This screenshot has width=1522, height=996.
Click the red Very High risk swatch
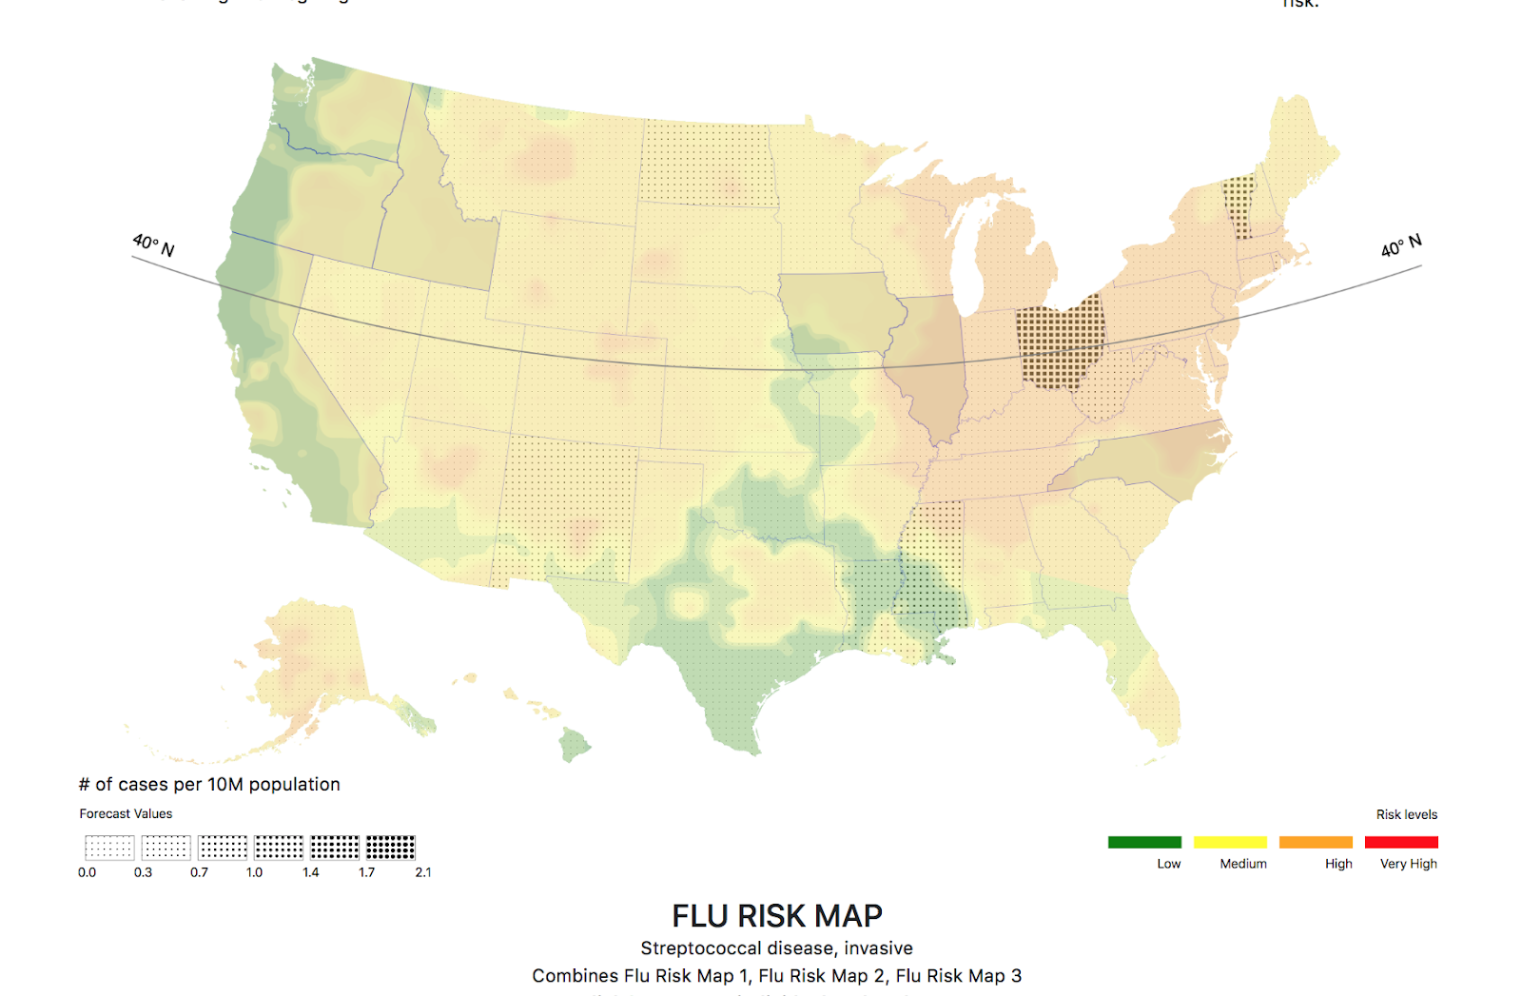(x=1400, y=842)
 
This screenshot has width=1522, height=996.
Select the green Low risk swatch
(x=1144, y=842)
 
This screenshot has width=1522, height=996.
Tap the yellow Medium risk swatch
(x=1229, y=842)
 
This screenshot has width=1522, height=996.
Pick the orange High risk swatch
(x=1315, y=842)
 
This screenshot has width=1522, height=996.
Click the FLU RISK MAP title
(x=776, y=916)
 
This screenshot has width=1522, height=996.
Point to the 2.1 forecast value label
(x=423, y=872)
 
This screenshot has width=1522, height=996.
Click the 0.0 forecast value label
(x=87, y=872)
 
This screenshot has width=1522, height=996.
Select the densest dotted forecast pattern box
(x=390, y=847)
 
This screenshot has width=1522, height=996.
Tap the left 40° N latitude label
(x=153, y=245)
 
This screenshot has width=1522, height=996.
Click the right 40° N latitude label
(x=1401, y=245)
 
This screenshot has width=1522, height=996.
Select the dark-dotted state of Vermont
(x=1238, y=205)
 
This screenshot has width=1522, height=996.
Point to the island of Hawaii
(x=574, y=745)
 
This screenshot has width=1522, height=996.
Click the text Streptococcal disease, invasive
(x=776, y=948)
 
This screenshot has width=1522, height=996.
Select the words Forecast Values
(x=126, y=813)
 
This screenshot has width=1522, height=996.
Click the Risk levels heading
(x=1406, y=814)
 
